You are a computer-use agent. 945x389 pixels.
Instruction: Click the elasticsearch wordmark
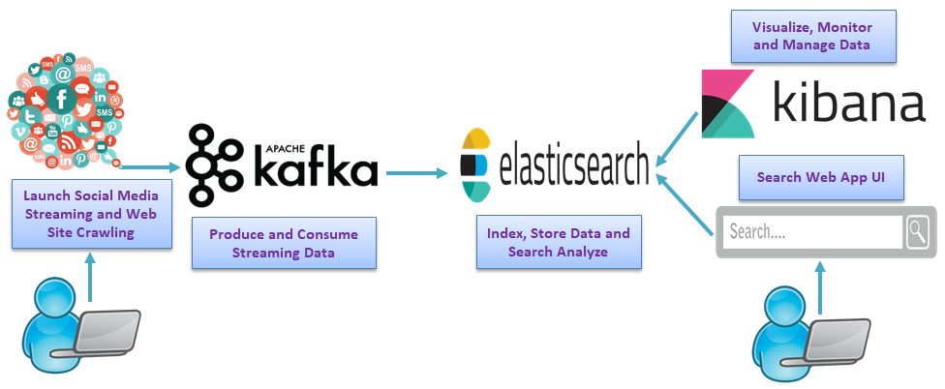[x=573, y=166]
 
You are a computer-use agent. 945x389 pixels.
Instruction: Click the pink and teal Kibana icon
[x=728, y=104]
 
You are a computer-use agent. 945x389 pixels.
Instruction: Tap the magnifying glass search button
[x=917, y=231]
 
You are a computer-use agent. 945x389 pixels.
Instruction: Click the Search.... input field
[x=812, y=232]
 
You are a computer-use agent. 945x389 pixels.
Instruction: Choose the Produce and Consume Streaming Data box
[x=284, y=243]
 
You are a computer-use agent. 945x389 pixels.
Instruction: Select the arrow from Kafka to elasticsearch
[x=417, y=174]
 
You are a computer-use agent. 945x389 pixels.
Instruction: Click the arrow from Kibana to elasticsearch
[x=678, y=135]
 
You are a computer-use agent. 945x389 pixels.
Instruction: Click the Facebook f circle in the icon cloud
[x=61, y=98]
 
